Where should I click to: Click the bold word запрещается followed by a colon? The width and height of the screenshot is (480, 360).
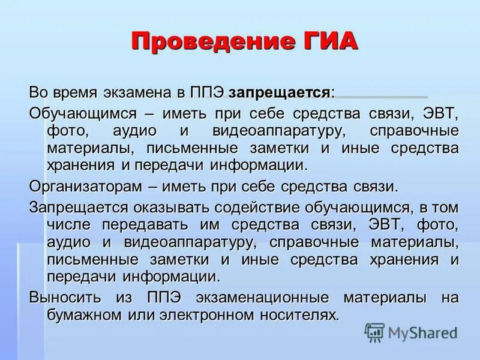[279, 94]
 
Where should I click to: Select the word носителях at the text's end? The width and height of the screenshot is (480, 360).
[303, 315]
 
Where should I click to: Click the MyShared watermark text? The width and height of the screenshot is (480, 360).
[423, 332]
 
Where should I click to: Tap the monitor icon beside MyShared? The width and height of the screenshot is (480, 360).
[375, 332]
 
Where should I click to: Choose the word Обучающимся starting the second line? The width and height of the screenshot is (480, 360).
[84, 113]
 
